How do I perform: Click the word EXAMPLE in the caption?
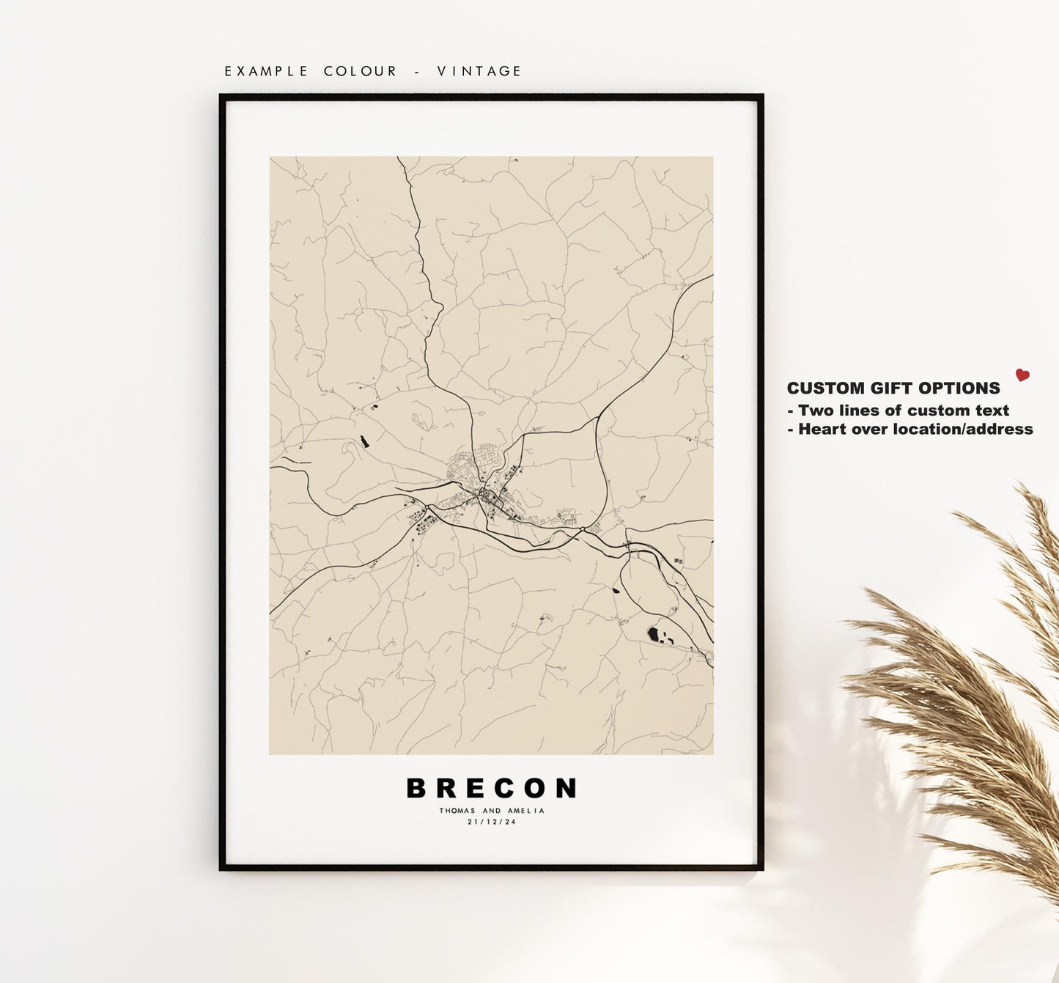click(266, 71)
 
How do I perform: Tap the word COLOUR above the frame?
click(361, 71)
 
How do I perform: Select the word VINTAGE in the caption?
click(479, 71)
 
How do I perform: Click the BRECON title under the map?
click(492, 789)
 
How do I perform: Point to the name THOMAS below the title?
click(457, 811)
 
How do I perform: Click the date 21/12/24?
click(492, 822)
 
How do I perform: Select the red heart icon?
click(1022, 375)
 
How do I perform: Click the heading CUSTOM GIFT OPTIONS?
click(893, 389)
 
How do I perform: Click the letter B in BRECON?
click(416, 789)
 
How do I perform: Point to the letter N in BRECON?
click(567, 789)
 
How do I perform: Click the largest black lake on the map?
click(654, 633)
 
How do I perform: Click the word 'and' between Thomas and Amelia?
click(492, 811)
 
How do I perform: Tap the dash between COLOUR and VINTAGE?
click(416, 71)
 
